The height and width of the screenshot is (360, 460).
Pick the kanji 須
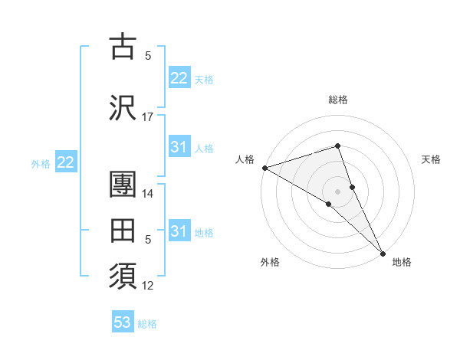click(x=123, y=274)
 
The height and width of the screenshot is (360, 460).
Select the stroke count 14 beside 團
click(x=148, y=195)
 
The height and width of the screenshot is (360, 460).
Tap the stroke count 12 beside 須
click(x=148, y=286)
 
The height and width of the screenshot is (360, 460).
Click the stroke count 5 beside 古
click(x=148, y=55)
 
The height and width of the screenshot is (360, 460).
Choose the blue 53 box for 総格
click(x=123, y=322)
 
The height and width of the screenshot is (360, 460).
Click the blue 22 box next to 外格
click(x=65, y=162)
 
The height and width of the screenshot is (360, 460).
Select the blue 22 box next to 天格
click(x=179, y=78)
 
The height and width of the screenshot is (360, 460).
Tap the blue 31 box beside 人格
click(x=179, y=147)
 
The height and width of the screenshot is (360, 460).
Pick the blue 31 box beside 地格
click(x=179, y=231)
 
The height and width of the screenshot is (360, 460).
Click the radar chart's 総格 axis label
click(x=338, y=100)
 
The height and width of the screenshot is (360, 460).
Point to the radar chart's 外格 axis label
click(x=270, y=262)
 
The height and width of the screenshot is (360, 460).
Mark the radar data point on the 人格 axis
click(x=264, y=168)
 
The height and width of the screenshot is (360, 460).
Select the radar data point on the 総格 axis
click(x=338, y=146)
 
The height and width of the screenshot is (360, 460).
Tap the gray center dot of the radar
click(x=338, y=190)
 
